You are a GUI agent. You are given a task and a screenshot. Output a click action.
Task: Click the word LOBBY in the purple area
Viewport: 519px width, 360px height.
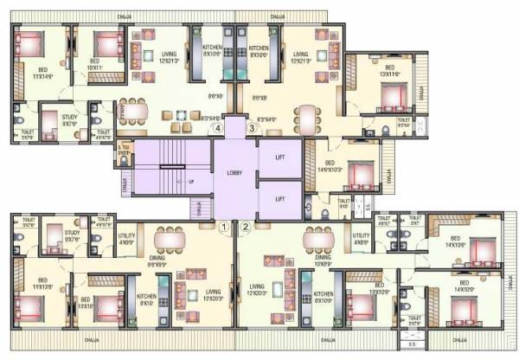tap(235, 173)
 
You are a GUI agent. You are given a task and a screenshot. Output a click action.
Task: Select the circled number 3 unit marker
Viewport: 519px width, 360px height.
tap(252, 128)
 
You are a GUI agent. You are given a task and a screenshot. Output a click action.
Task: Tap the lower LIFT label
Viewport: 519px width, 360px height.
tap(279, 198)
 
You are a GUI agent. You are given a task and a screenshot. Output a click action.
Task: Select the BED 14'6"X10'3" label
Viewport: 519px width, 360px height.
tap(333, 166)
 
